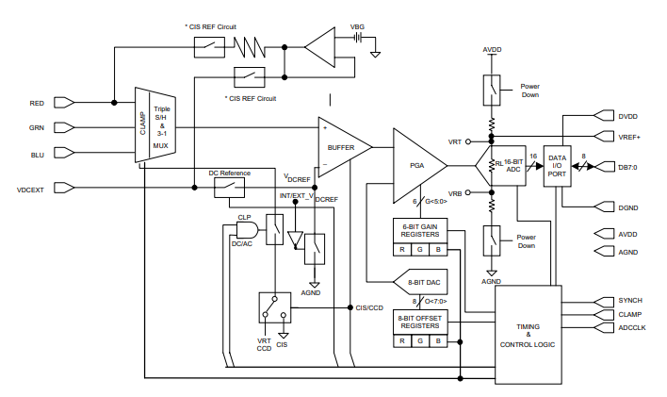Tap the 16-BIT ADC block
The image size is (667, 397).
509,166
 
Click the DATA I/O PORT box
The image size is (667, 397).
558,166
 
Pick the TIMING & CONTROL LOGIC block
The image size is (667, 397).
529,335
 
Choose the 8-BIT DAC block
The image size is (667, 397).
420,282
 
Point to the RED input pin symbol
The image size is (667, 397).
65,103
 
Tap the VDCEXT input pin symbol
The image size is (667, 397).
65,188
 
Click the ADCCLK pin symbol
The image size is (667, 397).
604,328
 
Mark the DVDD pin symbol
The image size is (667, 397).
604,115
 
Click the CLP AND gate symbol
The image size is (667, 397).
247,230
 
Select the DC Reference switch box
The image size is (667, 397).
229,188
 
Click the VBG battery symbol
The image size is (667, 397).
357,38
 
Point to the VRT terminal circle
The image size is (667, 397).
468,141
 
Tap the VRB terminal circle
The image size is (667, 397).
468,192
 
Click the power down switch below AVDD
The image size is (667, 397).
492,91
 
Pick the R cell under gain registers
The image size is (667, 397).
402,250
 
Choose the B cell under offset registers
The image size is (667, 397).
438,340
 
